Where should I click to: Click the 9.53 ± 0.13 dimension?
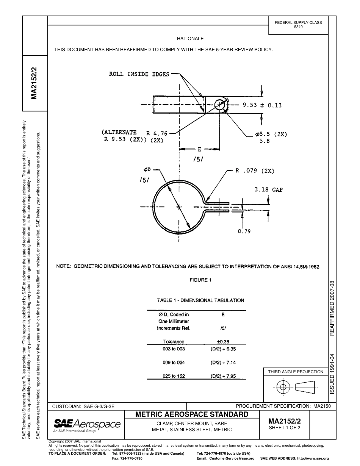click(262, 105)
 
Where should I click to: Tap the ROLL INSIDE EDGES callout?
click(139, 74)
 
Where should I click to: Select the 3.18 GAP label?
click(268, 190)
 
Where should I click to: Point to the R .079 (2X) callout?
click(255, 171)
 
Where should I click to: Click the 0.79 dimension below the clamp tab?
click(244, 231)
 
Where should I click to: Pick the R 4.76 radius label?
click(157, 133)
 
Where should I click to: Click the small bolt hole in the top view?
click(219, 105)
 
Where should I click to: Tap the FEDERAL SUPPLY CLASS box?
click(298, 25)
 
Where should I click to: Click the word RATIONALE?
click(190, 39)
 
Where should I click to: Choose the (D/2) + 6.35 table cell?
click(223, 349)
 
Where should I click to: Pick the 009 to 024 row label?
click(174, 363)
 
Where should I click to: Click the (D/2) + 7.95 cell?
click(223, 376)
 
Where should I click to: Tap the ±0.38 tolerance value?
click(223, 342)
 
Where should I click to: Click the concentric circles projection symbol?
click(283, 387)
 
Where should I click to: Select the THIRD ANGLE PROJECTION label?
click(296, 372)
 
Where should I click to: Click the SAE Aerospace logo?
click(87, 425)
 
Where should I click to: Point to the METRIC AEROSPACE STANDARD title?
click(192, 414)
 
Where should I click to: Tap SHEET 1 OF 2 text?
click(284, 428)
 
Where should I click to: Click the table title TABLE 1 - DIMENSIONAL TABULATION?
click(200, 300)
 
